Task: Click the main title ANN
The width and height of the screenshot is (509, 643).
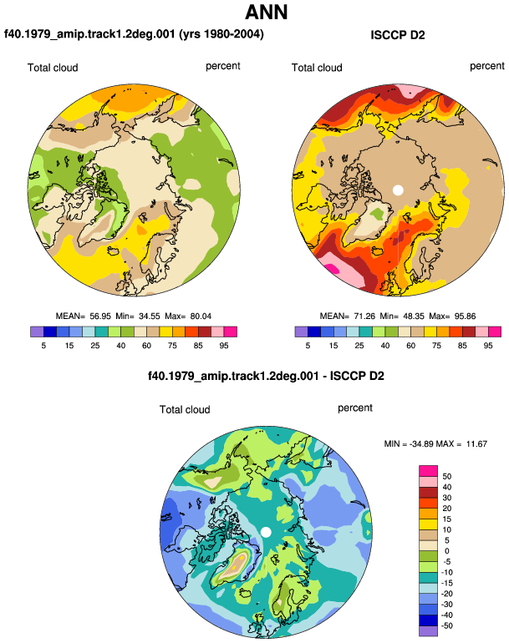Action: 266,12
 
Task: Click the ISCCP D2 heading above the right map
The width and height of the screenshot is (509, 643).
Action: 397,35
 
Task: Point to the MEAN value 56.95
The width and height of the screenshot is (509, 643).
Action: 100,316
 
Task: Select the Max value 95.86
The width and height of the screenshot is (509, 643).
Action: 465,316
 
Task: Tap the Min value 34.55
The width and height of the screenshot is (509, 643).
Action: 149,316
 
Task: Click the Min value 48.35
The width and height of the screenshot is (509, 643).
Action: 413,316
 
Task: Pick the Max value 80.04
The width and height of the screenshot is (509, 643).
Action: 201,316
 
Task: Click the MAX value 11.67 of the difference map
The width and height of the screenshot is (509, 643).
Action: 476,443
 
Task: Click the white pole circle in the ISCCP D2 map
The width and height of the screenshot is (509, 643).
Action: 398,190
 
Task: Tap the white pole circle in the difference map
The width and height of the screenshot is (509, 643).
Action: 266,532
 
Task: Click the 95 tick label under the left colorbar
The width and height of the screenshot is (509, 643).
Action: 224,346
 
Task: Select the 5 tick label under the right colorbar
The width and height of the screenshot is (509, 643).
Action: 308,346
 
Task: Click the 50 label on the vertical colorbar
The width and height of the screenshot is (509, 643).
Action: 446,477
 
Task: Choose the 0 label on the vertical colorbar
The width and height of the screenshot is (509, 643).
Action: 446,551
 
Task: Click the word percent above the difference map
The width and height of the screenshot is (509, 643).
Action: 354,408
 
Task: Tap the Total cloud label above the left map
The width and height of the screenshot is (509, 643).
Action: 53,68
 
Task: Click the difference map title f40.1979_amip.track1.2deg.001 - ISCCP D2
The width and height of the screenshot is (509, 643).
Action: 266,376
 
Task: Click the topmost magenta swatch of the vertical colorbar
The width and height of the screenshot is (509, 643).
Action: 429,471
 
